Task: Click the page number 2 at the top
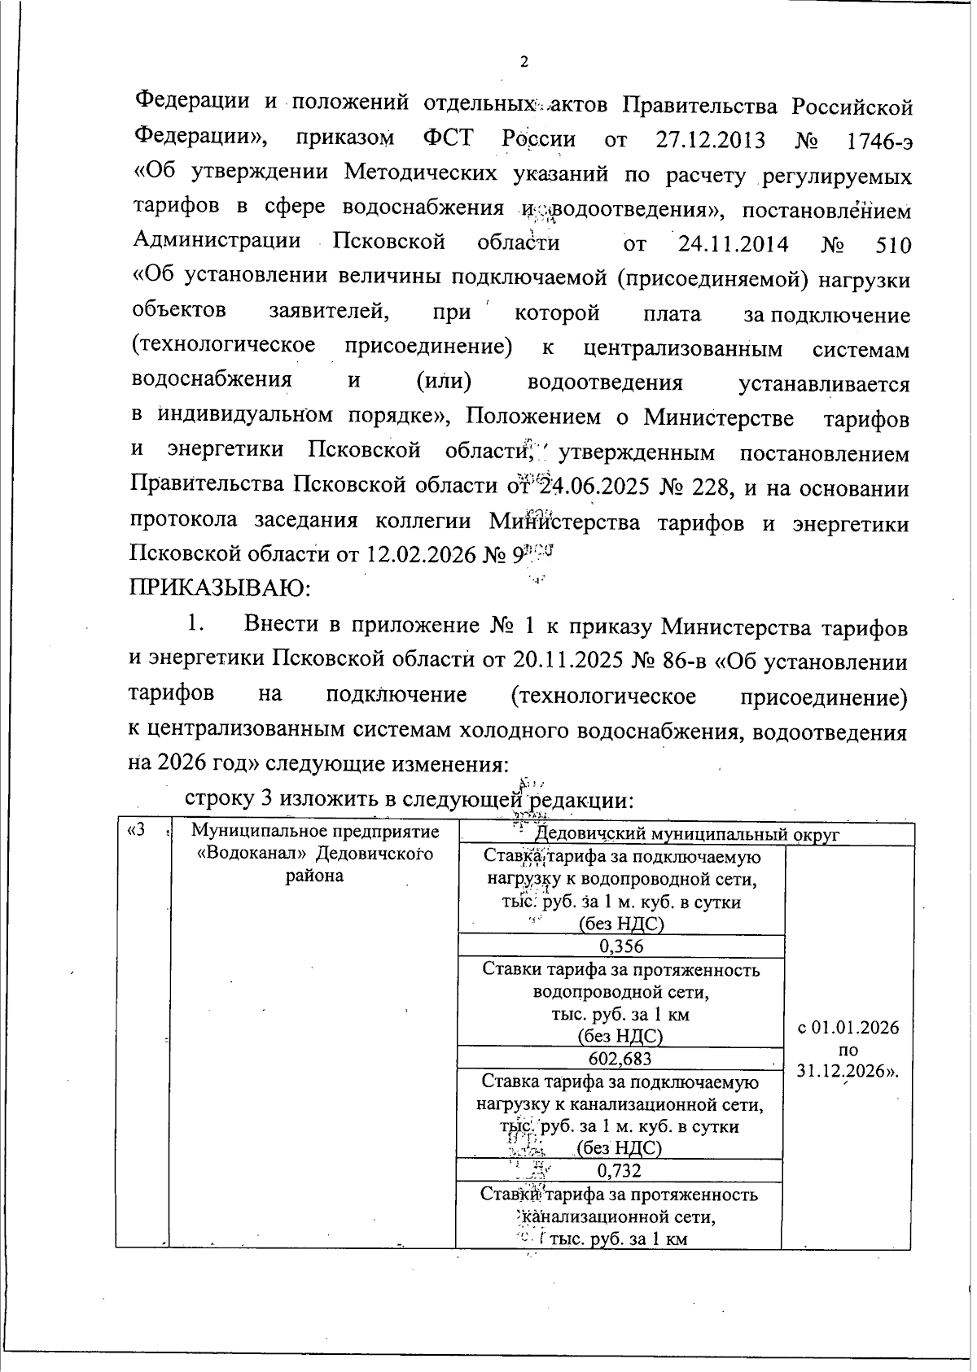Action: click(x=524, y=63)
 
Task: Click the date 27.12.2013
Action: click(x=710, y=140)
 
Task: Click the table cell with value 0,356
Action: click(x=621, y=946)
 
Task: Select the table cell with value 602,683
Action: click(x=620, y=1058)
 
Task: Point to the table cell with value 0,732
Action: click(x=620, y=1170)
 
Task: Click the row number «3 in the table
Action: click(x=138, y=831)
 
